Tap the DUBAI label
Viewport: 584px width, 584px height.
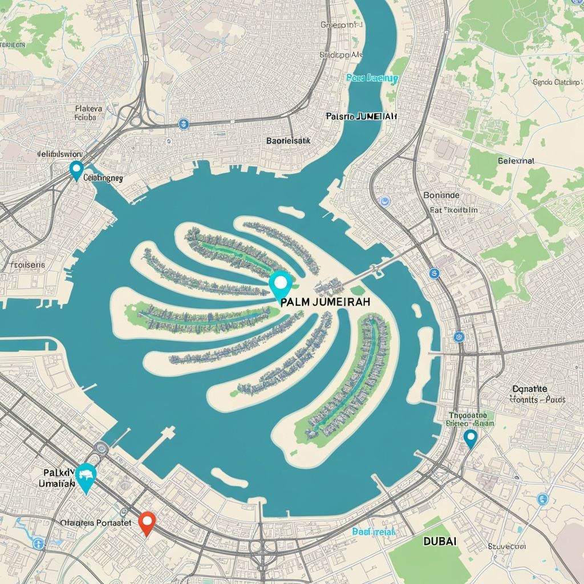coord(440,541)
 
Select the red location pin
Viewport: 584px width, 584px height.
coord(147,522)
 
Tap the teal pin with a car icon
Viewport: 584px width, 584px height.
coord(86,476)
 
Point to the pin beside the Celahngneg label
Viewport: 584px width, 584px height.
coord(75,170)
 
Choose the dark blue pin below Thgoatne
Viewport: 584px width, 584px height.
coord(470,439)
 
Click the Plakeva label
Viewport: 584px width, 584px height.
coord(88,108)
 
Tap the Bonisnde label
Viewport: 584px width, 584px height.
coord(441,195)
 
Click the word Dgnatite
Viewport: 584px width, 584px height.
coord(530,389)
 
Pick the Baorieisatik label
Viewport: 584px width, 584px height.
coord(288,140)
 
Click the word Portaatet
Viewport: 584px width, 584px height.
coord(113,522)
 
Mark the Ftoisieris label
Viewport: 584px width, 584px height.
coord(27,265)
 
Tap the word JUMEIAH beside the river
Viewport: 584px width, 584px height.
coord(376,116)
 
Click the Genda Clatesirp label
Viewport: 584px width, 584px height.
coord(555,82)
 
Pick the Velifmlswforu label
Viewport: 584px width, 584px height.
coord(60,154)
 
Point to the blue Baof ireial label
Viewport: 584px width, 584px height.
coord(374,532)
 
